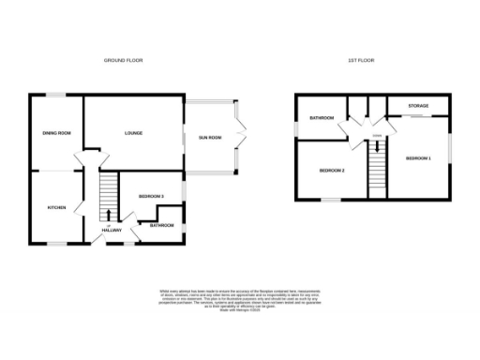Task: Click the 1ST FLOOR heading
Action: click(x=361, y=59)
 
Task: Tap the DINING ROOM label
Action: click(x=56, y=133)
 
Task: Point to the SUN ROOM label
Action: click(x=209, y=138)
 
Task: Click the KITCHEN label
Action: click(x=55, y=207)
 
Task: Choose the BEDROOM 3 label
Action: click(x=151, y=195)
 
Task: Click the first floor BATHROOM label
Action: click(x=322, y=118)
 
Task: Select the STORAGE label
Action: click(x=418, y=106)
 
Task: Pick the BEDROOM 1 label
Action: click(x=418, y=158)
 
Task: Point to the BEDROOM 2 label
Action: click(x=332, y=171)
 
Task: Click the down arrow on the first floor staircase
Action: click(x=377, y=147)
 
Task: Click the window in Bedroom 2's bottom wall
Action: click(x=331, y=200)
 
